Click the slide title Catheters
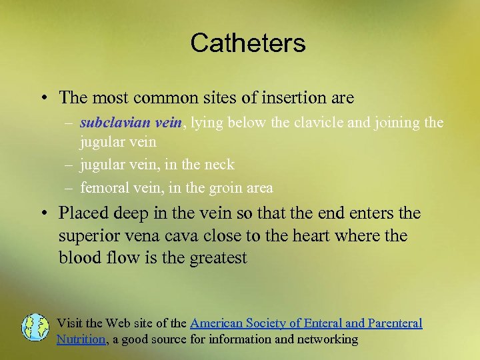[x=247, y=43]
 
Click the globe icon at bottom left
[x=35, y=328]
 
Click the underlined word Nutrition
[x=81, y=339]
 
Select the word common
[x=164, y=97]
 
